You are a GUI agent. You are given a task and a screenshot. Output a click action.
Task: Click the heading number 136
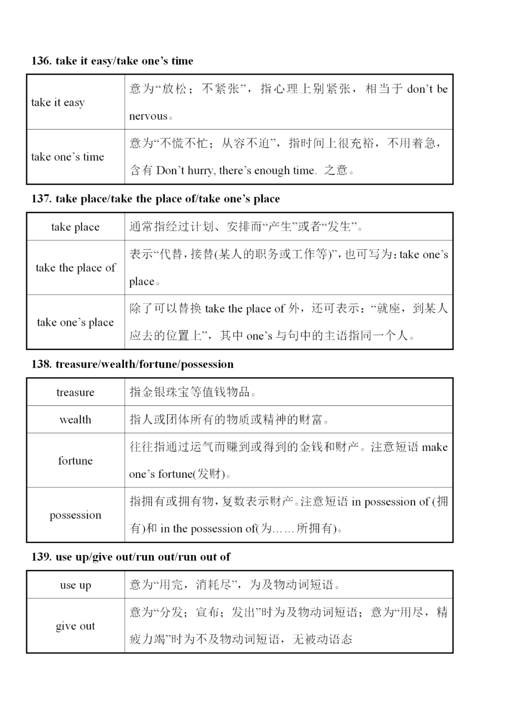pyautogui.click(x=41, y=61)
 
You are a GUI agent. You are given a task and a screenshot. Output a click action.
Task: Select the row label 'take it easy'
pyautogui.click(x=58, y=103)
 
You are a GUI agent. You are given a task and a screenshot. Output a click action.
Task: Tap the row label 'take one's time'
pyautogui.click(x=67, y=157)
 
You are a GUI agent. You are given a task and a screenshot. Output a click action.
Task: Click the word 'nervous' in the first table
pyautogui.click(x=148, y=116)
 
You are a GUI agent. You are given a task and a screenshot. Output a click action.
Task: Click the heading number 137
pyautogui.click(x=41, y=199)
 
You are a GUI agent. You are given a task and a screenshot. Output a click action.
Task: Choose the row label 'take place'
pyautogui.click(x=75, y=227)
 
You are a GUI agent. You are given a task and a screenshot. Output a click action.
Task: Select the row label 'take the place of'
pyautogui.click(x=75, y=268)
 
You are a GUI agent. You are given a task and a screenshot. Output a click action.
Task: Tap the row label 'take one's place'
pyautogui.click(x=75, y=323)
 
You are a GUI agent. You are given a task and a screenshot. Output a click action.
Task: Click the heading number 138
pyautogui.click(x=41, y=364)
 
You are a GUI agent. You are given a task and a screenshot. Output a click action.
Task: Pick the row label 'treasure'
pyautogui.click(x=75, y=392)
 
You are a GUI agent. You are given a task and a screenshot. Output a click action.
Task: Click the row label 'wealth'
pyautogui.click(x=75, y=420)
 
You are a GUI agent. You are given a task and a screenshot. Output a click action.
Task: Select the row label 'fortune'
pyautogui.click(x=75, y=461)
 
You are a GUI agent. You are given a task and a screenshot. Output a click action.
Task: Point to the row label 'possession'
pyautogui.click(x=75, y=515)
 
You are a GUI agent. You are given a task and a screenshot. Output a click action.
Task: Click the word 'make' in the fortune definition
pyautogui.click(x=434, y=447)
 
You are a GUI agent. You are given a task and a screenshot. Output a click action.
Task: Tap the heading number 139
pyautogui.click(x=41, y=557)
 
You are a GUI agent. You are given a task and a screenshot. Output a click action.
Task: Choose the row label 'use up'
pyautogui.click(x=75, y=585)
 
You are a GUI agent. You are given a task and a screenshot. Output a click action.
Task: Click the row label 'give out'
pyautogui.click(x=75, y=626)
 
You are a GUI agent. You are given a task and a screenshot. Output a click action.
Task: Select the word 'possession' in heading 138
pyautogui.click(x=207, y=364)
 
